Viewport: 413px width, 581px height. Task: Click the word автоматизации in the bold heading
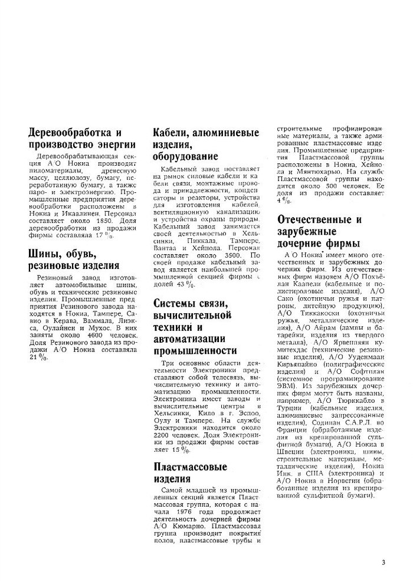pyautogui.click(x=191, y=340)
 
